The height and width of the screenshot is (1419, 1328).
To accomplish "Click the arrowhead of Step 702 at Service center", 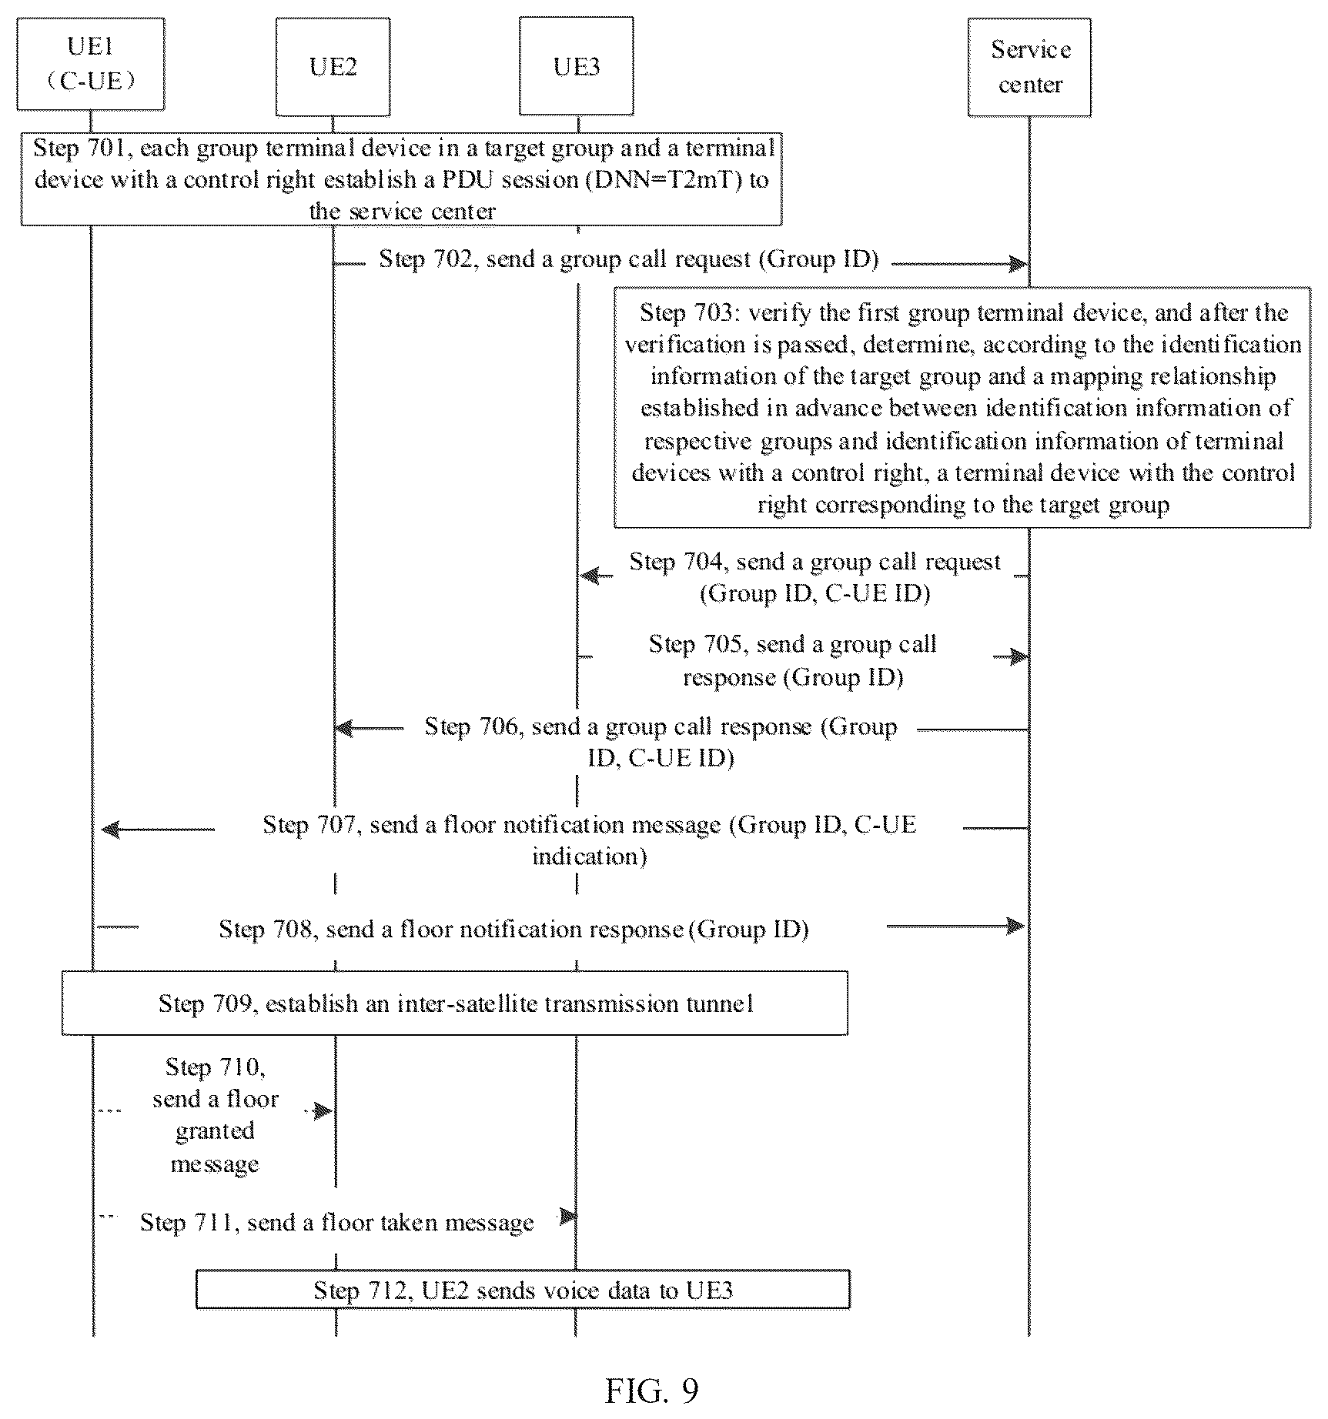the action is click(x=1019, y=264).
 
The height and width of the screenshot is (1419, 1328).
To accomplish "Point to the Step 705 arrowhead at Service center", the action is click(x=1019, y=656).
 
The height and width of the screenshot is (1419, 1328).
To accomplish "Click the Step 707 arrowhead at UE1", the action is click(x=111, y=829).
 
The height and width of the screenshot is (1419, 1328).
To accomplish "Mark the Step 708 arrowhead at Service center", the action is click(x=1016, y=925).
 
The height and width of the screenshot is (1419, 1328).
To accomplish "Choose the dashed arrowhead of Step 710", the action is click(x=323, y=1110).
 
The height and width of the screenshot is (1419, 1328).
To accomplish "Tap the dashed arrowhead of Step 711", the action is click(x=567, y=1217).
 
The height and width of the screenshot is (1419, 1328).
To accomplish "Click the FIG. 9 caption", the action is click(x=652, y=1391).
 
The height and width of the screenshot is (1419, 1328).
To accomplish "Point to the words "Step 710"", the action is click(x=216, y=1067).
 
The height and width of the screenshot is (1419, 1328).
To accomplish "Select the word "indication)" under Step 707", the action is click(x=590, y=856).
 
